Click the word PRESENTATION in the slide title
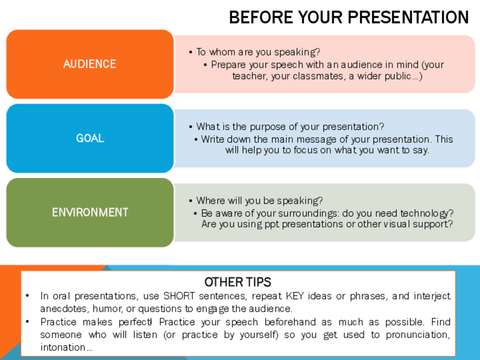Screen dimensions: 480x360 coord(408,17)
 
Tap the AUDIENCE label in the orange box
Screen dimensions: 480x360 coord(89,64)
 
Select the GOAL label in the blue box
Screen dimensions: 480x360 coord(90,138)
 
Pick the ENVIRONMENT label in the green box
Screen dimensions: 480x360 coord(90,212)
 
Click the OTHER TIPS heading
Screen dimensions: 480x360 coord(238,282)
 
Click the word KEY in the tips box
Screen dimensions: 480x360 coord(295,296)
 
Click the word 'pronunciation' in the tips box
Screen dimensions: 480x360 coord(418,335)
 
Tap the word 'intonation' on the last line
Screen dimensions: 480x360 coord(63,348)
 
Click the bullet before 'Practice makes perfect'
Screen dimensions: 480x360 coord(28,322)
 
